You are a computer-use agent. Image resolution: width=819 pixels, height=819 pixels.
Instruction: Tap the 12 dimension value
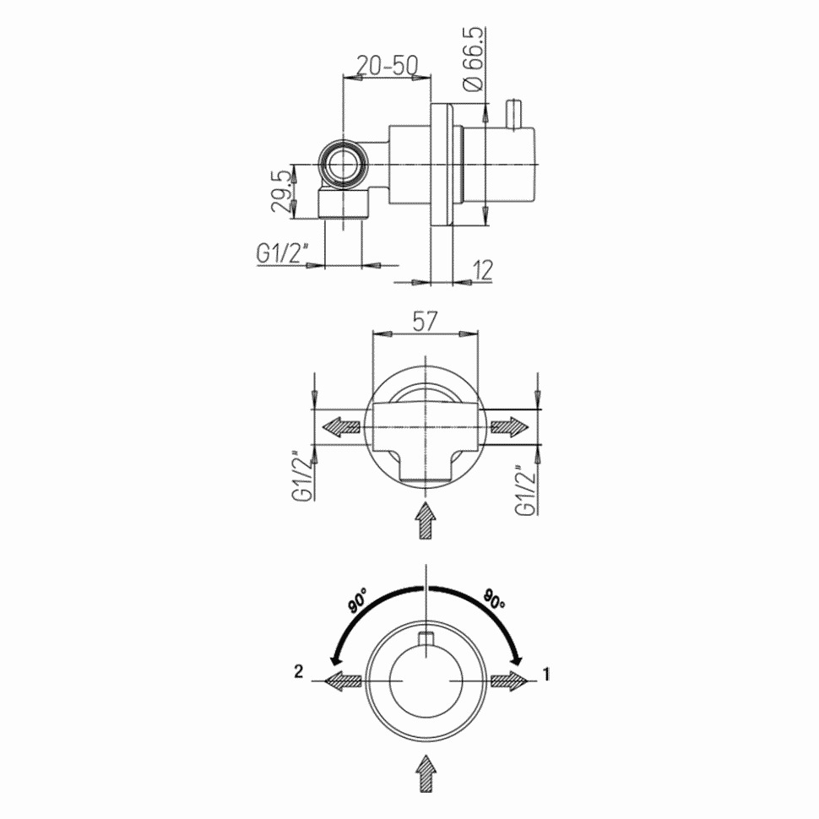482,269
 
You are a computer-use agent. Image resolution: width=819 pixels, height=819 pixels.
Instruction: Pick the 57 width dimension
425,320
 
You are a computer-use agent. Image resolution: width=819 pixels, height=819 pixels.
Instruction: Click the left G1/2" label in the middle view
299,477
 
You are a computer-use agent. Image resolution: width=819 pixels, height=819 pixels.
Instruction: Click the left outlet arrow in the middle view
342,427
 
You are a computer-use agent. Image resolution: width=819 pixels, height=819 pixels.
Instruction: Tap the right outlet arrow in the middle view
508,427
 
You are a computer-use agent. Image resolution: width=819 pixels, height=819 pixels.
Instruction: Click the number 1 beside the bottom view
546,674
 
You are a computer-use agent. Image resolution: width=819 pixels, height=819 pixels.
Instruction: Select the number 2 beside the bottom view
298,672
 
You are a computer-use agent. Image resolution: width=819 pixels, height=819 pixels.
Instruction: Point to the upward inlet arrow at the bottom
426,773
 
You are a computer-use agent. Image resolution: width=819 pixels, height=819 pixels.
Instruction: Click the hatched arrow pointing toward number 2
342,681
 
